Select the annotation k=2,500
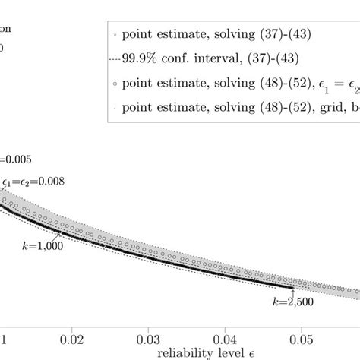click(x=293, y=303)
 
